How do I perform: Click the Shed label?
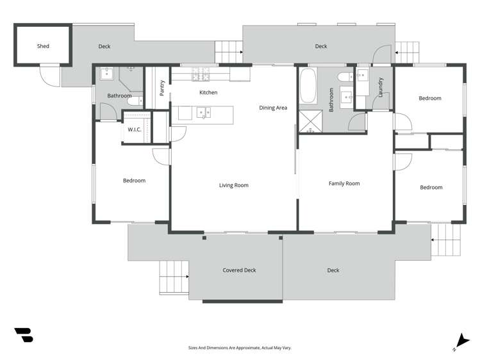coord(43,46)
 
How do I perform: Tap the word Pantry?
coord(162,88)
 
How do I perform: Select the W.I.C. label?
coord(134,129)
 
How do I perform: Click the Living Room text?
coord(233,185)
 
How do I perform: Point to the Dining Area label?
coord(273,108)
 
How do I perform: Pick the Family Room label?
coord(344,183)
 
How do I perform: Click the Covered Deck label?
coord(239,270)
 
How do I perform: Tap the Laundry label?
coord(381,86)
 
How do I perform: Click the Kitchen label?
coord(208,93)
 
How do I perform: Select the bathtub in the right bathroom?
coord(308,87)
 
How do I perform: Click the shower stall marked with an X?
coord(311,121)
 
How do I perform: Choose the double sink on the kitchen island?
coord(204,113)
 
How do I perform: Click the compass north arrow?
coord(459,341)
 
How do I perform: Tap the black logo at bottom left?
coord(23,334)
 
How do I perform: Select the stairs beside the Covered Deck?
coord(173,278)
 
